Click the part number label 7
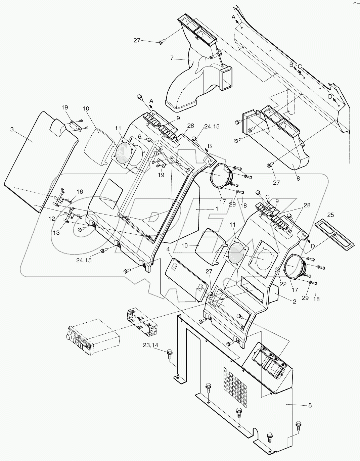coord(172,58)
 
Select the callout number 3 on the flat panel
coord(12,129)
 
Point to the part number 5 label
coord(310,405)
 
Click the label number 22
coord(283,284)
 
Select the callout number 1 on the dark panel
coord(217,208)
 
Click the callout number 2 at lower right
coord(294,302)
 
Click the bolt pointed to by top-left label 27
coord(161,42)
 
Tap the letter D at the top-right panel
coord(330,96)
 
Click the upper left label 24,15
coord(212,127)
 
